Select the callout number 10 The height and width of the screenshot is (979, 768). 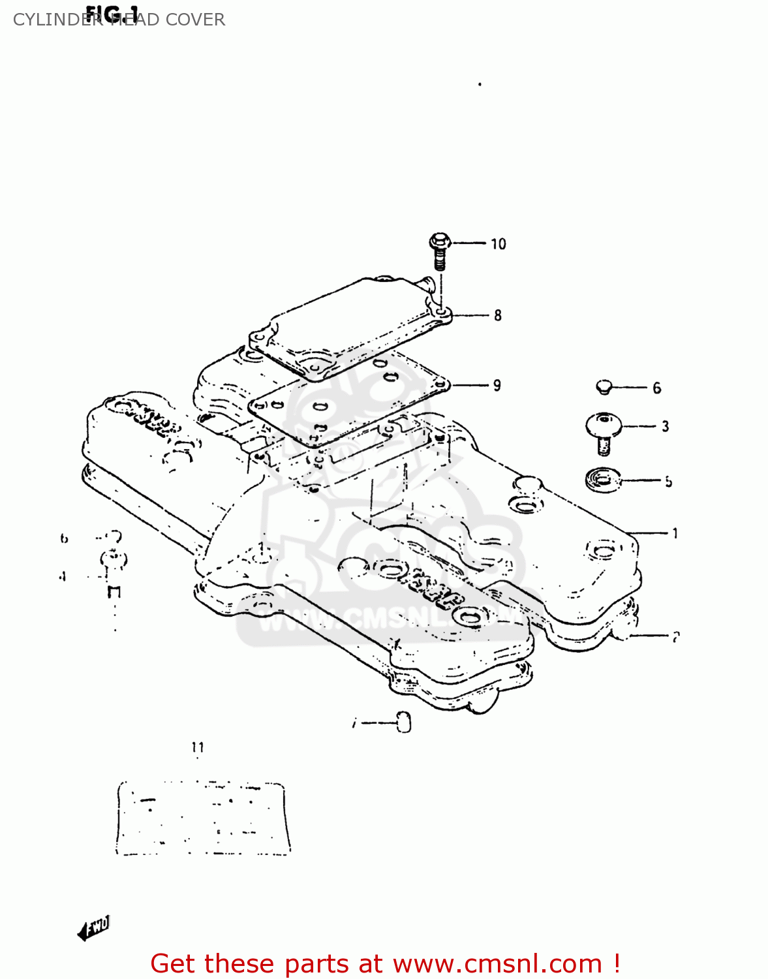[499, 244]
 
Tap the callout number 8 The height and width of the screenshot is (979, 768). [498, 316]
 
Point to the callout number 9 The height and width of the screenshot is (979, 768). [497, 386]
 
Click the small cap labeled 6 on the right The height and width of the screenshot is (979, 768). [604, 387]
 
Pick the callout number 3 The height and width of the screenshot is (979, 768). [665, 427]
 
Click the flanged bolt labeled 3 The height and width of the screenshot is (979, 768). [602, 432]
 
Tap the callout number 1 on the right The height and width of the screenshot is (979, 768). [675, 534]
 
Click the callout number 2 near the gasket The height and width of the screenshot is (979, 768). [676, 636]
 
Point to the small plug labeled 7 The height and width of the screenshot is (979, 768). [404, 723]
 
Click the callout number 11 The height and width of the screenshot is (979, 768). [198, 748]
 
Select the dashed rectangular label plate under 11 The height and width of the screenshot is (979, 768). [203, 818]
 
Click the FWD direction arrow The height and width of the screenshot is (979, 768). [93, 927]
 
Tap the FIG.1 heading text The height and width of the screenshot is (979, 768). [112, 13]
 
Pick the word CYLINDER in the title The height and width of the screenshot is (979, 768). [57, 20]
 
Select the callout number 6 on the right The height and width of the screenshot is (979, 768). [657, 388]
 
